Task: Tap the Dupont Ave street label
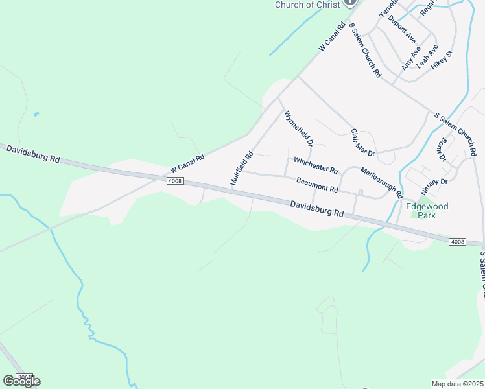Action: [401, 29]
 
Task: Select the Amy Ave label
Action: [410, 58]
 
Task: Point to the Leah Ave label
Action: [427, 56]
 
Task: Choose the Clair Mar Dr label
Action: [362, 143]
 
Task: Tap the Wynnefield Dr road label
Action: [298, 128]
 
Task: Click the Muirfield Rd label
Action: [241, 169]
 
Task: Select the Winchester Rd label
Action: [316, 165]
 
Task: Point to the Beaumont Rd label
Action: [317, 185]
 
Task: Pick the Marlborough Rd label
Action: [382, 183]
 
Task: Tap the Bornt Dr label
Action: [443, 150]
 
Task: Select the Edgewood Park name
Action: [427, 211]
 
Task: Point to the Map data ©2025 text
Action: [457, 384]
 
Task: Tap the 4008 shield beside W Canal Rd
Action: [174, 181]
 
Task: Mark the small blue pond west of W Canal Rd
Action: [36, 114]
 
